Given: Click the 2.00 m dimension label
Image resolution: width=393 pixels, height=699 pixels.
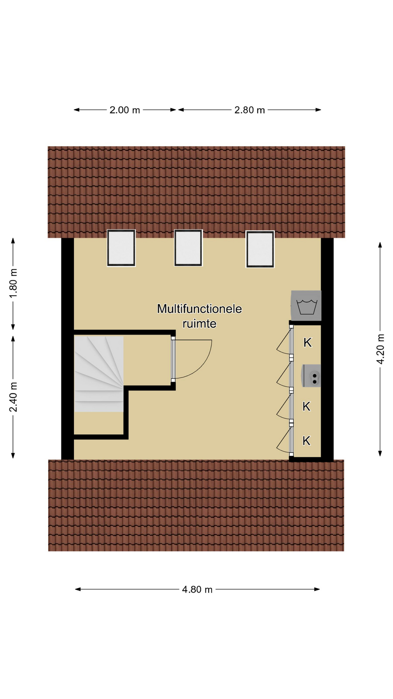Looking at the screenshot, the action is coord(125,110).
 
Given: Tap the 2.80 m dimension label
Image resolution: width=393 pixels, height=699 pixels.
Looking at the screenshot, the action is coord(250,110).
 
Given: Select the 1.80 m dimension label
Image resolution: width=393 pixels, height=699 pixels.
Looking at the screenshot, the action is coord(13,283).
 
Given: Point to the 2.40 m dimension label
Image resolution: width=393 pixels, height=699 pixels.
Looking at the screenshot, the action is coord(13,397).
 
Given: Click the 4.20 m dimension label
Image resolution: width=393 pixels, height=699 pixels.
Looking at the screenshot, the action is coord(381,349).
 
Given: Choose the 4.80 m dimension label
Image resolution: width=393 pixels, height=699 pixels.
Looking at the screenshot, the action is coord(197,589).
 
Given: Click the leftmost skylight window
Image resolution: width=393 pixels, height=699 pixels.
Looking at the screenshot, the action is coord(121,248).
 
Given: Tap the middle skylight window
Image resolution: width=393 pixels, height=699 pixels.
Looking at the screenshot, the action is coord(188,248).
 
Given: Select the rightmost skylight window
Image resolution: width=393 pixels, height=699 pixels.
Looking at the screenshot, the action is coord(260,249).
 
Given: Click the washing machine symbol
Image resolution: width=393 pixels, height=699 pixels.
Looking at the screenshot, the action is coord(306,305).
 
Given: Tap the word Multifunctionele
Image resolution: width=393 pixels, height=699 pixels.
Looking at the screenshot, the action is coord(199,309).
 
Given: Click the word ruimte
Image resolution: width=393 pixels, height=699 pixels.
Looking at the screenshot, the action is coord(199,323).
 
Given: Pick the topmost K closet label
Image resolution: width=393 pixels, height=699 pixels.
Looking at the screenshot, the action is coord(307,343).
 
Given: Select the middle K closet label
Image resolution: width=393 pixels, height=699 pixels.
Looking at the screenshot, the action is coord(306,406).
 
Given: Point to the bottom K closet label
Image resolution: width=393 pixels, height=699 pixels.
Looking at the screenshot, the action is coord(306,441).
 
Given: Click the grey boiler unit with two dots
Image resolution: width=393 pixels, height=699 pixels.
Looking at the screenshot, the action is coord(311,376).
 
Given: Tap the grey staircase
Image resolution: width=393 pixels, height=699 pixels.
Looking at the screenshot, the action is coord(99,374).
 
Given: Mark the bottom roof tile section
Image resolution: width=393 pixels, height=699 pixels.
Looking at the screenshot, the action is coord(196,505).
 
